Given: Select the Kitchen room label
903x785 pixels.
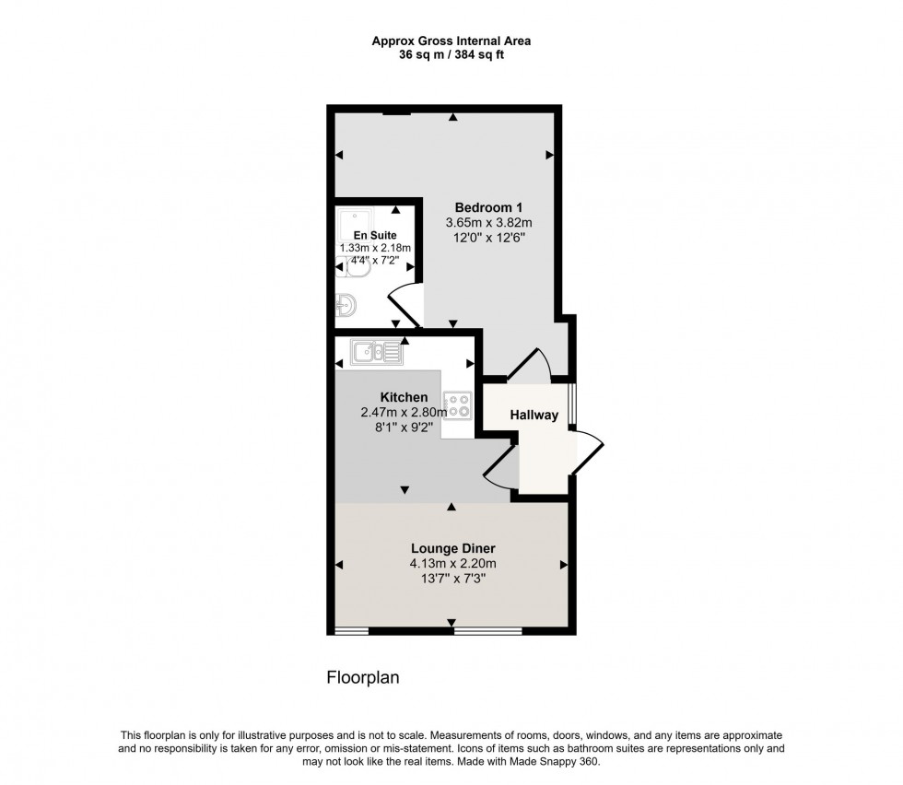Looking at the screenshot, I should point(404,397).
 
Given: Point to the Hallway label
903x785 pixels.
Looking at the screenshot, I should point(536,415).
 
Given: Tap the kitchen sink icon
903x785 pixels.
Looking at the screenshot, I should point(376,350).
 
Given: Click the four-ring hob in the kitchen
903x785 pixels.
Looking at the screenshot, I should point(458,404).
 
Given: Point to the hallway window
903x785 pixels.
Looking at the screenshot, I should point(571,403).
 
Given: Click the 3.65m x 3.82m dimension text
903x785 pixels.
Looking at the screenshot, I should point(489,222).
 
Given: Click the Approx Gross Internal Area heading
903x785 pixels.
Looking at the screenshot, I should point(451,41).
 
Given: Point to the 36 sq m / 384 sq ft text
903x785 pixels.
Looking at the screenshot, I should point(451,54).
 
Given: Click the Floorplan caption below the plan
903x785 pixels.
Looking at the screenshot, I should point(363,677).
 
